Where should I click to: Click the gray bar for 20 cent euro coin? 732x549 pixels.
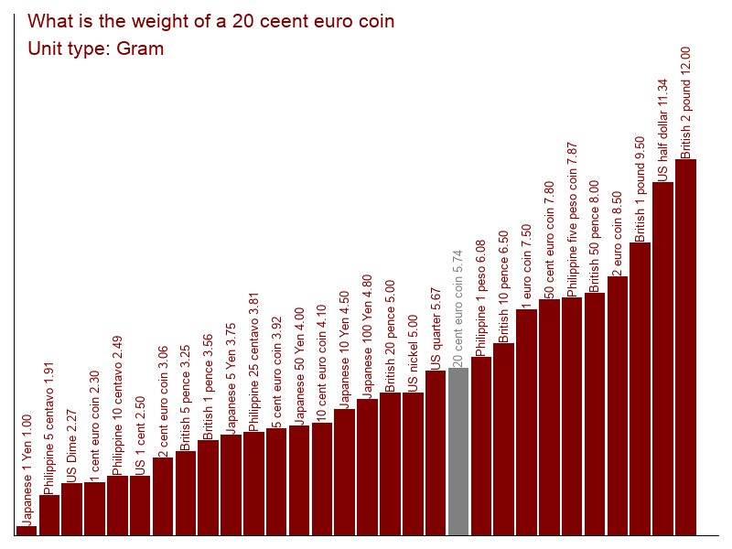458,451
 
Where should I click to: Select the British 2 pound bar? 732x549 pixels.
685,348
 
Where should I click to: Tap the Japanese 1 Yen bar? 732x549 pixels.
27,531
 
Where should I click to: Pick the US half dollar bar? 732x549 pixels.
662,359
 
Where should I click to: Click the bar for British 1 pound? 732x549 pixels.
640,389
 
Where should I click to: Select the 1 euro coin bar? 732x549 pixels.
526,422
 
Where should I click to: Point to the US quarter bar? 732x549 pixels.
436,453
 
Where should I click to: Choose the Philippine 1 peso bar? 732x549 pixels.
481,446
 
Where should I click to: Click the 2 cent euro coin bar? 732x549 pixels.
163,496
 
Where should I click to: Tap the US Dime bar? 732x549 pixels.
71,509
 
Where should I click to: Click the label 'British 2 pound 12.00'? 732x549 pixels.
685,102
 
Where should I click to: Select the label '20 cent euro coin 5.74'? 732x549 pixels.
457,308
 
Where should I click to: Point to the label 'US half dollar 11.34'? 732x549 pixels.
662,130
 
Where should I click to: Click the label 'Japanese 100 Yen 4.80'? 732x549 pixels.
367,337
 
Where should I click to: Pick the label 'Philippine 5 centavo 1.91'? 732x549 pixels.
48,428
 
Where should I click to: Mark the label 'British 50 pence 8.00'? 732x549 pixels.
594,237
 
